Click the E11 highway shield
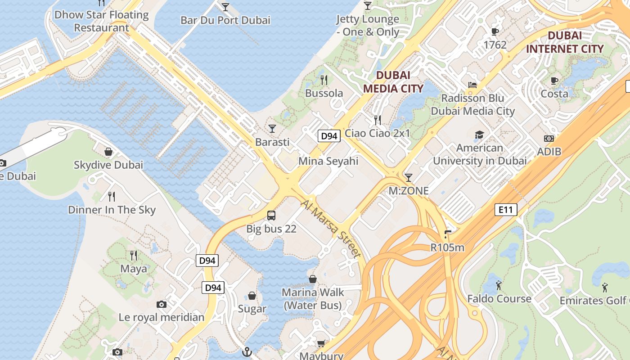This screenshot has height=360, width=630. [506, 209]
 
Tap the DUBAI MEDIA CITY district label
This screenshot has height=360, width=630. [393, 81]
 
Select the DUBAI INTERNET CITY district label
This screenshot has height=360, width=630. [565, 42]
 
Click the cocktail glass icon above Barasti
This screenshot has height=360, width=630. [272, 129]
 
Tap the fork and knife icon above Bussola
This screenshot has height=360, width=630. [324, 80]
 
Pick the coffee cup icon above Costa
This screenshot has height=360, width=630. [554, 81]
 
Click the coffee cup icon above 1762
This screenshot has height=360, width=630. [495, 31]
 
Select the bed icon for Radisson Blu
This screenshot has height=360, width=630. [472, 85]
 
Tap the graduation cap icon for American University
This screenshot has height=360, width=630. [479, 135]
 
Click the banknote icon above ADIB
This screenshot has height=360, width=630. [549, 139]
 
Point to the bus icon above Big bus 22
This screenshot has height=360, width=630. [271, 215]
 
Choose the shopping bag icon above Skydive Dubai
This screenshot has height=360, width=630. [108, 152]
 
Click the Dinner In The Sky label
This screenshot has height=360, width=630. [112, 210]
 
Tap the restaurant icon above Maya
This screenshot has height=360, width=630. [134, 256]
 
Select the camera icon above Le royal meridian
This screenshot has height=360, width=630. [162, 305]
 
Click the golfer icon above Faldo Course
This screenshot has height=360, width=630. [499, 285]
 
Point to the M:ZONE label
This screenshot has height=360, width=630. [409, 191]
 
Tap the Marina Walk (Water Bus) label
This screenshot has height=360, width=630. [313, 299]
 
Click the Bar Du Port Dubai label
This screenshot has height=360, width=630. [225, 20]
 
